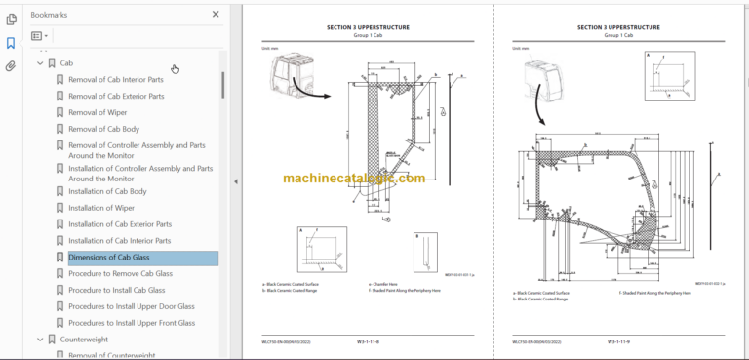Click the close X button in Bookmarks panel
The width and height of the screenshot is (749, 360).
pyautogui.click(x=216, y=15)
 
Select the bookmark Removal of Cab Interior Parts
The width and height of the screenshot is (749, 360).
pyautogui.click(x=115, y=80)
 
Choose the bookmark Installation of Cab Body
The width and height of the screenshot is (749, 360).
pyautogui.click(x=107, y=192)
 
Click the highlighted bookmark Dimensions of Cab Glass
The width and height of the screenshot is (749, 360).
pyautogui.click(x=108, y=258)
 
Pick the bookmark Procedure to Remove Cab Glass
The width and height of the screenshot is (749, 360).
pyautogui.click(x=120, y=274)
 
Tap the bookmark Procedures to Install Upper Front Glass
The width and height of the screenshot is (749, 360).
pyautogui.click(x=131, y=323)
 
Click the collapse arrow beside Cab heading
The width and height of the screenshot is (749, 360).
pyautogui.click(x=40, y=63)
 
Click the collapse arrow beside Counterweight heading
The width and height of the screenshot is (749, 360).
pyautogui.click(x=40, y=340)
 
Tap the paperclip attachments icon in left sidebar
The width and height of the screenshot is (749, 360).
pyautogui.click(x=11, y=66)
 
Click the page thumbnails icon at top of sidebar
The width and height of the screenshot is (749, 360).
pyautogui.click(x=11, y=19)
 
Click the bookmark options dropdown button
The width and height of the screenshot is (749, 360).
pyautogui.click(x=39, y=36)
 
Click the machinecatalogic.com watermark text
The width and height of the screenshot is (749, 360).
pyautogui.click(x=354, y=179)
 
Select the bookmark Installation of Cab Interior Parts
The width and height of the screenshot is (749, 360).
pyautogui.click(x=119, y=241)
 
